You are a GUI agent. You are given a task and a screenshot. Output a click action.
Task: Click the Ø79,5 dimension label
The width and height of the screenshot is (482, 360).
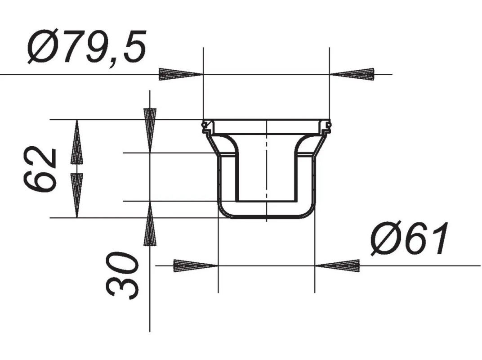(87, 47)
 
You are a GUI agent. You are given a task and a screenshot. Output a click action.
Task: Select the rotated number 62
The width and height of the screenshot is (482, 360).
(40, 169)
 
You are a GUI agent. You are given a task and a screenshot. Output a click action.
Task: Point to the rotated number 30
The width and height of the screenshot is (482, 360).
(122, 275)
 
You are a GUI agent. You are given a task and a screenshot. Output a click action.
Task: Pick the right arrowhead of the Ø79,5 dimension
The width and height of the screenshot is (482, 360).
(352, 74)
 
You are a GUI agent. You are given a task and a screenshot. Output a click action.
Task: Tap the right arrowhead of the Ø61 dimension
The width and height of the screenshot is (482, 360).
(337, 265)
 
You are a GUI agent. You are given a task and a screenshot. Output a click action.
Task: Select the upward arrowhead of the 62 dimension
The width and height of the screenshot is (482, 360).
(76, 142)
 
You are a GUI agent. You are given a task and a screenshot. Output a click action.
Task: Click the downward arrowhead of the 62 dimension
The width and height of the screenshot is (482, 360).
(76, 195)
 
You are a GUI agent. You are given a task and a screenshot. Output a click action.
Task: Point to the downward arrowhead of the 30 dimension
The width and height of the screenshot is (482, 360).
(150, 130)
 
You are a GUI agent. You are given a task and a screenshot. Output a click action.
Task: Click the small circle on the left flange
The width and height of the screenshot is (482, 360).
(204, 125)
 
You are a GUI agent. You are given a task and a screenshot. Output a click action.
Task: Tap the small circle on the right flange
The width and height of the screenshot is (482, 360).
(329, 125)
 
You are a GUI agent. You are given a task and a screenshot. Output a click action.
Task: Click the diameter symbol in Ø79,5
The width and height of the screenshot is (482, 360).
(43, 47)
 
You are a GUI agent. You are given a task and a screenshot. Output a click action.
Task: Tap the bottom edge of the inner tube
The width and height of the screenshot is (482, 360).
(267, 201)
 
